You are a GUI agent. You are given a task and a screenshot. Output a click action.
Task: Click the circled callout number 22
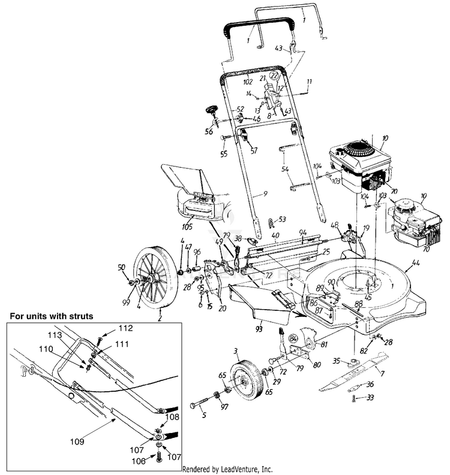coord(274,76)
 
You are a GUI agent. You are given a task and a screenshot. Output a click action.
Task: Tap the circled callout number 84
coord(294,338)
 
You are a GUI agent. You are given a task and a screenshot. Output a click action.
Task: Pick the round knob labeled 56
coord(212,111)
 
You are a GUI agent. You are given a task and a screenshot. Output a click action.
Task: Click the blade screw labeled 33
coord(355,397)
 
